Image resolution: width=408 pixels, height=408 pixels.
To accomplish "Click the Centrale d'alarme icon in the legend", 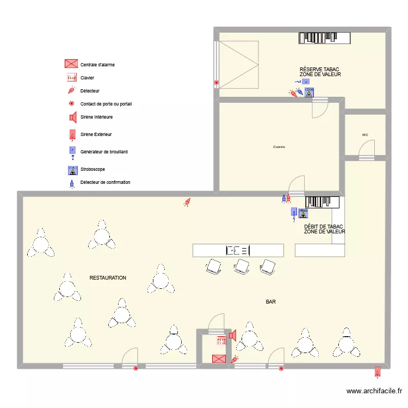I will [71, 64].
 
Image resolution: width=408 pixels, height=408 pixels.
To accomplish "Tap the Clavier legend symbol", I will [71, 77].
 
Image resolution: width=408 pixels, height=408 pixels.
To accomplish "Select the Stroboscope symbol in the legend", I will [71, 170].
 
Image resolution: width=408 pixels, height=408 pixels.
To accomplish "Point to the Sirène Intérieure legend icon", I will [71, 117].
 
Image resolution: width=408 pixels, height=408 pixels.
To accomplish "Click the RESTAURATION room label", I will [108, 278].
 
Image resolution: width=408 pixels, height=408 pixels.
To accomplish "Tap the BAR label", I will [270, 301].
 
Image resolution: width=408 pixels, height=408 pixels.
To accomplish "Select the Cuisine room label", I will [279, 147].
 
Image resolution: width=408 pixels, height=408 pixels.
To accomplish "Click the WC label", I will [365, 135].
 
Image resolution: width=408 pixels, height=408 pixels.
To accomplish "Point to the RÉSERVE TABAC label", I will [319, 70].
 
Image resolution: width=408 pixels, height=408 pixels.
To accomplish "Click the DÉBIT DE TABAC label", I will [324, 227].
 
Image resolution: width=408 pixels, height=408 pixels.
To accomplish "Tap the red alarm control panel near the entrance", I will [219, 358].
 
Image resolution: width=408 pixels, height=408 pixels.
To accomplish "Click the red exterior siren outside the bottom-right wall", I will [377, 372].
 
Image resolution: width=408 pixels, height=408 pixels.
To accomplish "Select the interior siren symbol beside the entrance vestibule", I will [232, 335].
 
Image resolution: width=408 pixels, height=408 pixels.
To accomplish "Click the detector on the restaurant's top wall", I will [187, 202].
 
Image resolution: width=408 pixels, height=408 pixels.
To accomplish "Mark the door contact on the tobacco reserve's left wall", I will [217, 83].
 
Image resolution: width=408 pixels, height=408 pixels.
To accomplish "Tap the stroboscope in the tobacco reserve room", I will [309, 92].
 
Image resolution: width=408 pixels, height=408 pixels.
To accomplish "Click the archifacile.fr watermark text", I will [374, 391].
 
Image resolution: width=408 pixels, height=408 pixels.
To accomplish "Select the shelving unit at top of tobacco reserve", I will [325, 38].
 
